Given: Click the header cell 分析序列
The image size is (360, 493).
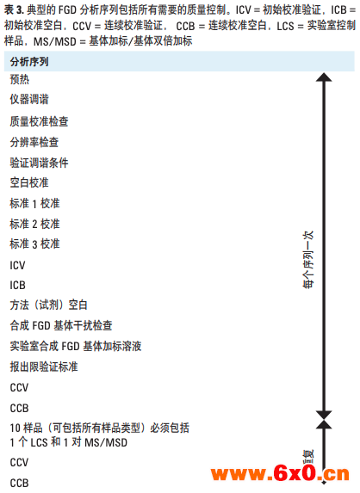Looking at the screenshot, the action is click(x=29, y=62).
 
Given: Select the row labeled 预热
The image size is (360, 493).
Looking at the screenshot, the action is click(x=20, y=79).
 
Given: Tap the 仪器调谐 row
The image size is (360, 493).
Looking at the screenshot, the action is click(x=29, y=99).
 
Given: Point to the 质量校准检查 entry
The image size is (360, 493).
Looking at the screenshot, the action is click(x=39, y=121).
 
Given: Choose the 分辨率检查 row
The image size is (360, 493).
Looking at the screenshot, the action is click(x=34, y=142).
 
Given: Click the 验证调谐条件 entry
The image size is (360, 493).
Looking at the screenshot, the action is click(x=39, y=163).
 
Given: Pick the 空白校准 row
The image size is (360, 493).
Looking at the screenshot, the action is click(x=29, y=182).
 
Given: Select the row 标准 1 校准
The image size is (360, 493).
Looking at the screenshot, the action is click(x=34, y=203).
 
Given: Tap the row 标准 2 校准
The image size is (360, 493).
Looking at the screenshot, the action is click(x=34, y=224).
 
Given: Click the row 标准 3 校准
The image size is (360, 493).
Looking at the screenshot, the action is click(x=34, y=244).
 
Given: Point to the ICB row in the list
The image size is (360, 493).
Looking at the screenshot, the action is click(x=17, y=285).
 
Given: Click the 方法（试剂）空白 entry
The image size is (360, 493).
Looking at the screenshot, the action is click(x=48, y=305).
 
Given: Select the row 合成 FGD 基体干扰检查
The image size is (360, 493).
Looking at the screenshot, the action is click(x=61, y=325).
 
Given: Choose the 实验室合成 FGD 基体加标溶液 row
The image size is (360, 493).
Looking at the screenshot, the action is click(x=76, y=346).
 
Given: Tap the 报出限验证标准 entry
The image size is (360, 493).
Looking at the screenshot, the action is click(x=44, y=367).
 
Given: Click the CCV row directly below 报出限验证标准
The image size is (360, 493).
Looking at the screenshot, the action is click(x=19, y=387).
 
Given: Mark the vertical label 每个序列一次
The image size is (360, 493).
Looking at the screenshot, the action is click(x=308, y=260).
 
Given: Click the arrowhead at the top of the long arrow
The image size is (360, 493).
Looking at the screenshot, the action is click(x=324, y=77).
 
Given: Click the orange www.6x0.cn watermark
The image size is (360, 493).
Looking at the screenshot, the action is click(x=280, y=473).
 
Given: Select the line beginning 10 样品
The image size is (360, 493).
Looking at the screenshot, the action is click(x=99, y=428).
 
